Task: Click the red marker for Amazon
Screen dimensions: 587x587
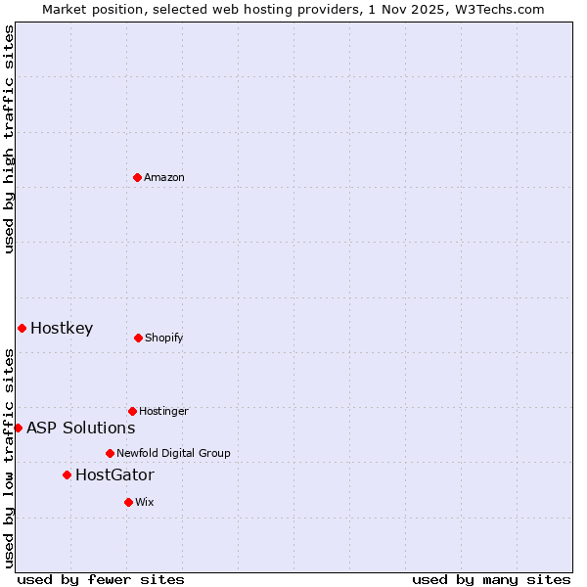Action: [x=137, y=177]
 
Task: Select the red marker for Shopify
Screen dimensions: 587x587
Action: [x=138, y=338]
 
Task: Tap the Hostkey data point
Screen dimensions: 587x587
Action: [x=22, y=328]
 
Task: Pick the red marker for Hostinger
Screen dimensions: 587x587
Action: [x=132, y=411]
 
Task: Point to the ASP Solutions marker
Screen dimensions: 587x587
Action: [x=18, y=428]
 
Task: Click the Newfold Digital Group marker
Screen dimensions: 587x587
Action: [x=110, y=453]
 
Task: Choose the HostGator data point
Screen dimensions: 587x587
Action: [x=67, y=474]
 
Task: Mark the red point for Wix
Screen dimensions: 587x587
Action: [x=128, y=502]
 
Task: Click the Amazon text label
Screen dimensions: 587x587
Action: [x=164, y=177]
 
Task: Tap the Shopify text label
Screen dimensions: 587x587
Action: [x=164, y=338]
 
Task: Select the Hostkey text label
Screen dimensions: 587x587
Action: [x=62, y=328]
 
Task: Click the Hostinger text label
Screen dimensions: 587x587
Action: [x=163, y=411]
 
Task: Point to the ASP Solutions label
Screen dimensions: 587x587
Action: [x=80, y=428]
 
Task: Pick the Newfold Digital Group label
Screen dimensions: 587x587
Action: [x=173, y=453]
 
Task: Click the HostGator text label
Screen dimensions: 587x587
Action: [x=114, y=474]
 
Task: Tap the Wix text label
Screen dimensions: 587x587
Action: [x=145, y=502]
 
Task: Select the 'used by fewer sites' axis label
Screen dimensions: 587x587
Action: [x=101, y=579]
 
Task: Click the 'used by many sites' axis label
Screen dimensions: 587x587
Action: [x=491, y=579]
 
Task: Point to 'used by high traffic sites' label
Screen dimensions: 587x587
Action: [x=9, y=140]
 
